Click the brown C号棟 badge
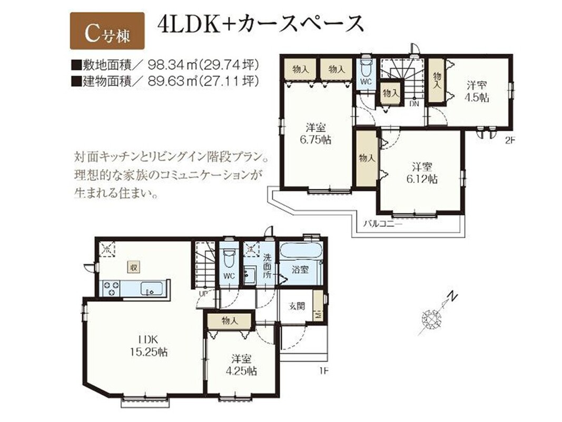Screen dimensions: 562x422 107,31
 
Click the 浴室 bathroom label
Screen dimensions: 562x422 300,269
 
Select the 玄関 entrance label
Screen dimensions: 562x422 297,306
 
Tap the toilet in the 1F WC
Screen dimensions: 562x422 228,256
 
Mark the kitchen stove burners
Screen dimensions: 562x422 112,289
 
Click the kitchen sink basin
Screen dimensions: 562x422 153,289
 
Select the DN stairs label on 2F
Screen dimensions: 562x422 414,104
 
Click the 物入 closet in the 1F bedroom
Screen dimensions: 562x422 230,320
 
